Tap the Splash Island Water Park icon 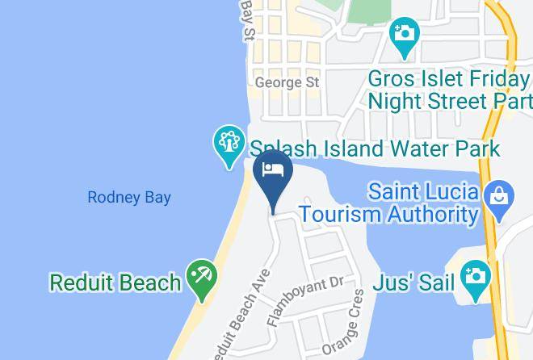click(x=229, y=142)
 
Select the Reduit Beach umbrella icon click(x=199, y=278)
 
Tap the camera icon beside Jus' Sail click(x=476, y=276)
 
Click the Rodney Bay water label click(x=128, y=197)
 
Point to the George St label click(x=287, y=82)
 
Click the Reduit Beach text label click(x=115, y=283)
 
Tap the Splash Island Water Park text click(x=375, y=149)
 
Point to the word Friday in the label click(x=500, y=80)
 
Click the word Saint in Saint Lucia click(x=394, y=193)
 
